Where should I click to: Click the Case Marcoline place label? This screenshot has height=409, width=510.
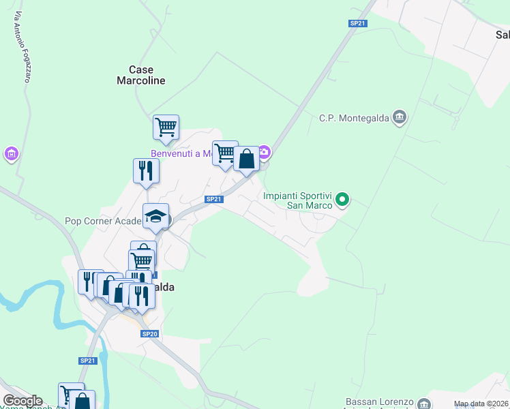pyautogui.click(x=140, y=75)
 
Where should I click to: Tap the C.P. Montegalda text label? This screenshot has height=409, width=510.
pyautogui.click(x=354, y=118)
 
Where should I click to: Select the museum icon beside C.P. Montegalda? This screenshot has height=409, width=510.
pyautogui.click(x=400, y=118)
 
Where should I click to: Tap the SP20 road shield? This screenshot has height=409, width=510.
pyautogui.click(x=150, y=334)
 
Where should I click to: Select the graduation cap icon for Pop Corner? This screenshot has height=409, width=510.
pyautogui.click(x=155, y=217)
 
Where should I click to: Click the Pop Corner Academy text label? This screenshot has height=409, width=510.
pyautogui.click(x=103, y=221)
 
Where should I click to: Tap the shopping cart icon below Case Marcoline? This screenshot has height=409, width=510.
pyautogui.click(x=166, y=127)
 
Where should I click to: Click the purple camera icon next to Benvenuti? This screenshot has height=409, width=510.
pyautogui.click(x=265, y=152)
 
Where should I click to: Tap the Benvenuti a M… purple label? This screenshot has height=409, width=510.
pyautogui.click(x=181, y=153)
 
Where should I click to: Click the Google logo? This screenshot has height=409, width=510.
pyautogui.click(x=22, y=401)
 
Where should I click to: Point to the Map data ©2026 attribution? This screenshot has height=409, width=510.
pyautogui.click(x=481, y=404)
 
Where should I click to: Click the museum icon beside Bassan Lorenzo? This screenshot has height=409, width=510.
pyautogui.click(x=424, y=404)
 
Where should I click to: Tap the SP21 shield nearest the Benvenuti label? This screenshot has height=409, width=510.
pyautogui.click(x=214, y=199)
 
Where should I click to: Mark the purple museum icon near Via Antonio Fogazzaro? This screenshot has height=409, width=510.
pyautogui.click(x=11, y=154)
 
